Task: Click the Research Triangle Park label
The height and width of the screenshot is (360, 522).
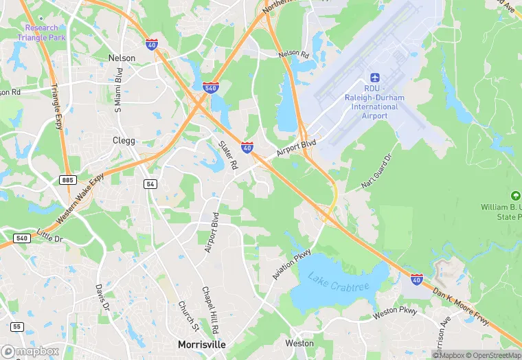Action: click(x=45, y=32)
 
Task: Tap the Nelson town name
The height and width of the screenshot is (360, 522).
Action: click(x=122, y=58)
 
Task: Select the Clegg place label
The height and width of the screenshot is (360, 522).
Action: click(x=124, y=140)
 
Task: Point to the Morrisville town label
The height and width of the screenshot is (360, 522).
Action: click(x=201, y=344)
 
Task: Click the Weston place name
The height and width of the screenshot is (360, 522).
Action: click(x=299, y=343)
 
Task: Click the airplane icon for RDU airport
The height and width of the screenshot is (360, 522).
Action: click(x=375, y=78)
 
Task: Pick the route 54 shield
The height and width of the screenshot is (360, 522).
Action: click(x=150, y=184)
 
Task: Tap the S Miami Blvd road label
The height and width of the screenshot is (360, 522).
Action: click(x=118, y=87)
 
